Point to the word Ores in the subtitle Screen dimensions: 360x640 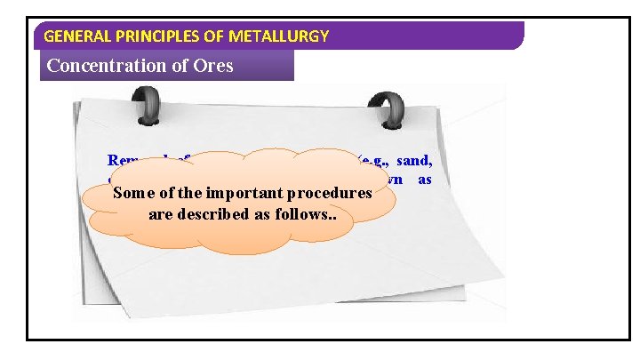coord(213,65)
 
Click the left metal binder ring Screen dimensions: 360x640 coord(154,109)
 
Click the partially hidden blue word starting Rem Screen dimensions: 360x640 coord(120,162)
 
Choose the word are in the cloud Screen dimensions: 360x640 coord(155,214)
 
